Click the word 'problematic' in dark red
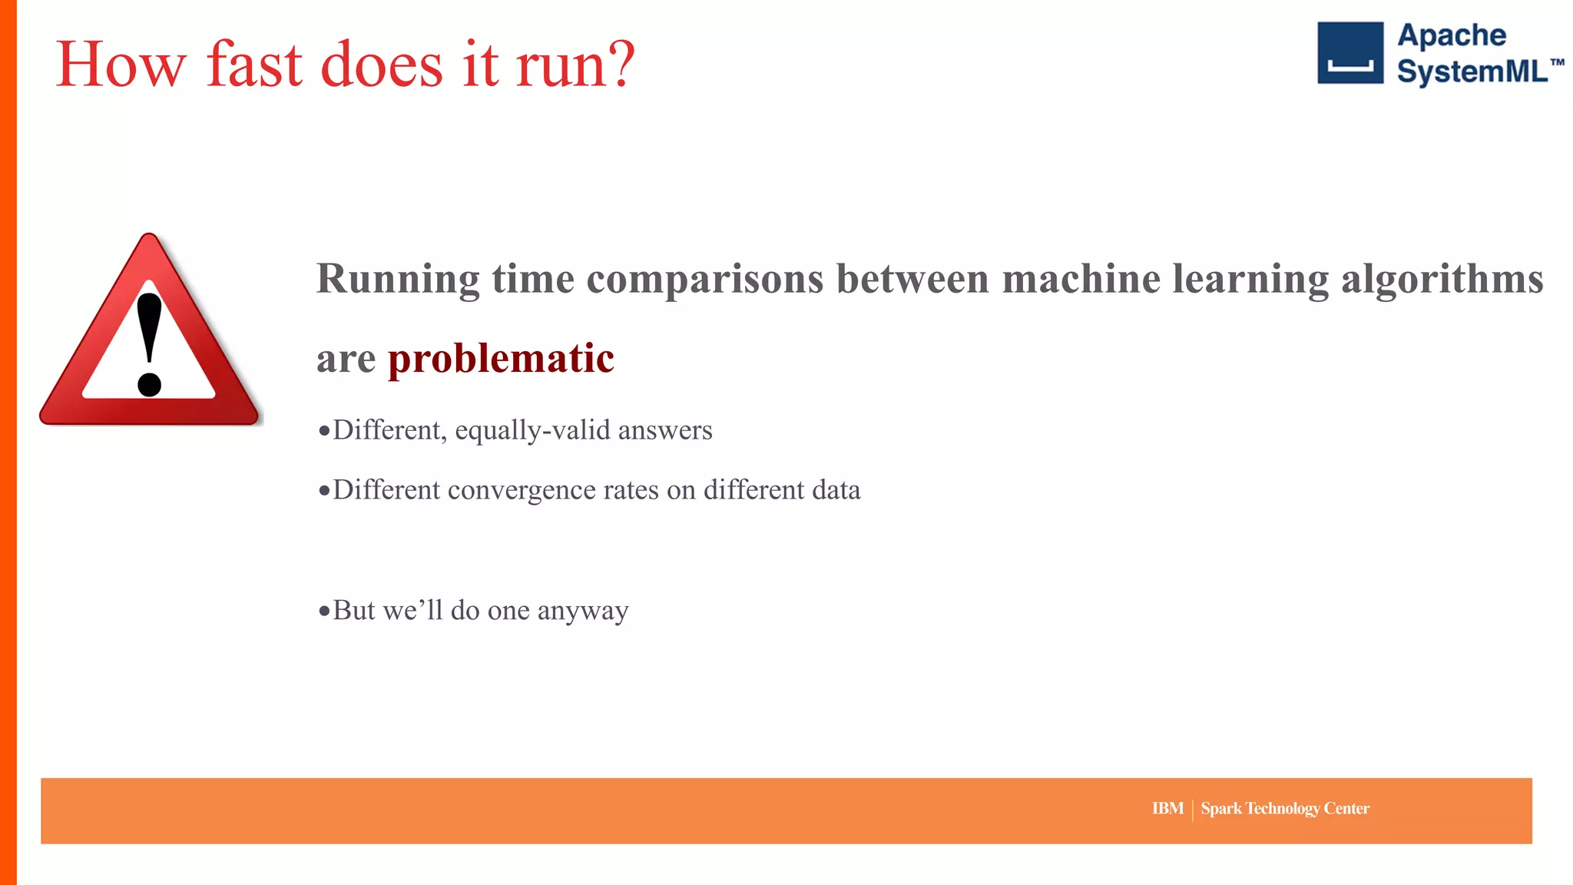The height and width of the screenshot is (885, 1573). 501,359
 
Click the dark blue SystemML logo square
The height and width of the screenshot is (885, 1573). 1349,52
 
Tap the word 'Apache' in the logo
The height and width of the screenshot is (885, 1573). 1451,35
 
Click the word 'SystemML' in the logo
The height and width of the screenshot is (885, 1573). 1472,71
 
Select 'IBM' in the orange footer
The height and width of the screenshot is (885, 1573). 1167,808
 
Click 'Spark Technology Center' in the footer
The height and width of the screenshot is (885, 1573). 1285,808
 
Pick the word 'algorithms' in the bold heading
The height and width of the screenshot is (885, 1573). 1442,279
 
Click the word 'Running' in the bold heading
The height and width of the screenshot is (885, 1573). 398,279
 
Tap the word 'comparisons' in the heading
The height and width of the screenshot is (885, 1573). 704,279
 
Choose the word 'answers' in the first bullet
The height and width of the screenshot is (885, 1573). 665,430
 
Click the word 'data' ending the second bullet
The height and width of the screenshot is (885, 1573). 836,490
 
